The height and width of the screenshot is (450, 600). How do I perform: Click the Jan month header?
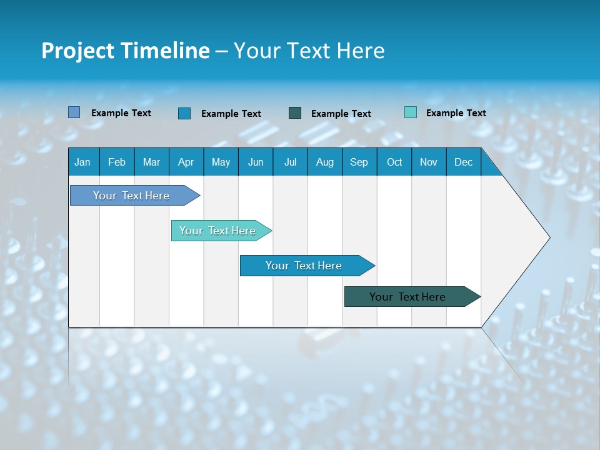[x=82, y=162]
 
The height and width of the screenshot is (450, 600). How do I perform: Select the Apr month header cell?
[x=186, y=162]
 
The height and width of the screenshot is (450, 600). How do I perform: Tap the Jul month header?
[x=290, y=162]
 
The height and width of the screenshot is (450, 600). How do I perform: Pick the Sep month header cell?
[x=359, y=162]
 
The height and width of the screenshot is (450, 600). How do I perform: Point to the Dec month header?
[x=463, y=162]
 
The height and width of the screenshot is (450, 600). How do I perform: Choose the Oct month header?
[x=394, y=162]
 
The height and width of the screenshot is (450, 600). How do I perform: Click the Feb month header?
[x=117, y=162]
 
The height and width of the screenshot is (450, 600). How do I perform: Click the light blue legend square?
[x=74, y=112]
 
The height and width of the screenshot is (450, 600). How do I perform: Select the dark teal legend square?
[x=295, y=112]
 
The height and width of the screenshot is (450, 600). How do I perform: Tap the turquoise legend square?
[x=411, y=112]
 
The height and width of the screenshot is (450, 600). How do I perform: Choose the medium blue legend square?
[x=184, y=113]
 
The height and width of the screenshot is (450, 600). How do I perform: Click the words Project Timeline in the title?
[x=125, y=51]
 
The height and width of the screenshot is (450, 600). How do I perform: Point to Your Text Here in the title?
[x=309, y=51]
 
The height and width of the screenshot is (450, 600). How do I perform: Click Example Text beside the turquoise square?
[x=456, y=112]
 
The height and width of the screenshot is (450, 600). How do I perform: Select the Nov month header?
[x=429, y=162]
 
